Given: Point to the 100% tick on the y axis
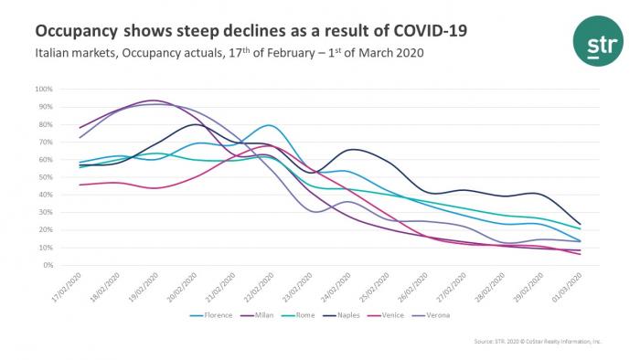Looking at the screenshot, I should [43, 90].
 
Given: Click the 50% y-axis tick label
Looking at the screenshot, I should [45, 177].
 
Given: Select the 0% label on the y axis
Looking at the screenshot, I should [47, 266].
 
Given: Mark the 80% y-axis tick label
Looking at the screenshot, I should [45, 124].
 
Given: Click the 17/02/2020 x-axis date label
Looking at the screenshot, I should [68, 286].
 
